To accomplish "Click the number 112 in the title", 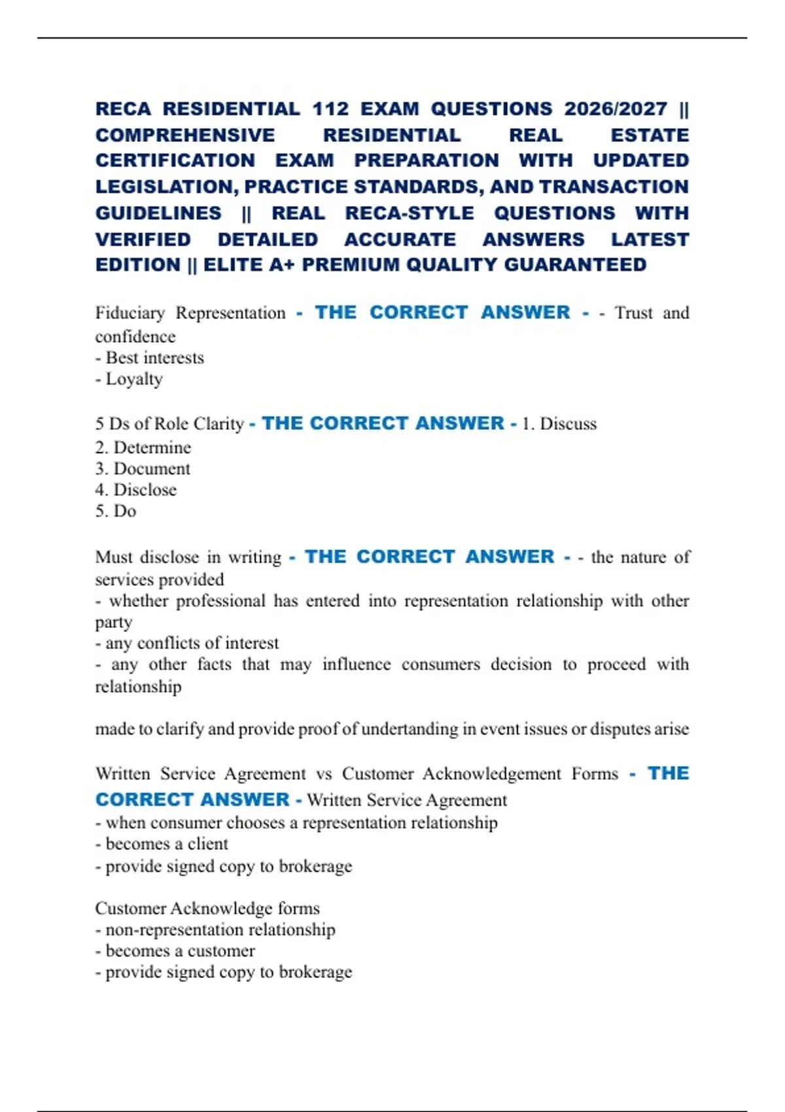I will click(330, 109).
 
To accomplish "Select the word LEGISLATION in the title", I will click(166, 187).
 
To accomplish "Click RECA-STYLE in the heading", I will click(410, 213).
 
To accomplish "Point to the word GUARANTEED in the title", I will click(575, 265).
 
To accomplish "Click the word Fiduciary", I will click(130, 313).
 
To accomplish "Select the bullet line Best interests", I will click(150, 358).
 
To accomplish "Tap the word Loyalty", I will click(134, 379).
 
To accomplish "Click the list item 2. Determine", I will click(143, 447).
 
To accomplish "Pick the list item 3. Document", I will click(143, 469).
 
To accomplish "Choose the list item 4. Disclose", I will click(136, 490).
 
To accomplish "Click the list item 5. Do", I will click(116, 511).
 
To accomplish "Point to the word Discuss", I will click(568, 424).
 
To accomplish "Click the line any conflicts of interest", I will click(187, 643).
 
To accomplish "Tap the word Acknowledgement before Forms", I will click(491, 774).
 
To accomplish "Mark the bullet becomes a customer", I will click(175, 950).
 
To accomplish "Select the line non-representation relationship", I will click(215, 930).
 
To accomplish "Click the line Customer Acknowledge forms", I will click(207, 908).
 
